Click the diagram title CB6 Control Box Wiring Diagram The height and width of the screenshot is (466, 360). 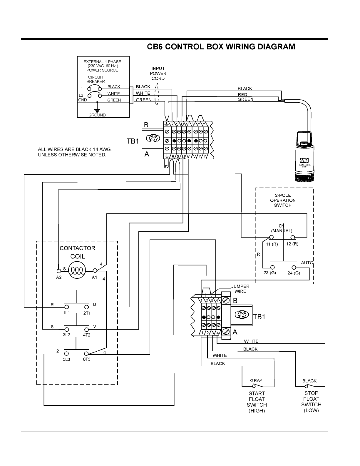221,47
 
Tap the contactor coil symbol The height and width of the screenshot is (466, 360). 77,270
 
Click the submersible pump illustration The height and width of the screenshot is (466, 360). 304,157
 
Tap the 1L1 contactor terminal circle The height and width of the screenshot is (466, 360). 67,307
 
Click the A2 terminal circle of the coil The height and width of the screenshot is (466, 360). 59,271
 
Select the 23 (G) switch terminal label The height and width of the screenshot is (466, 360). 269,273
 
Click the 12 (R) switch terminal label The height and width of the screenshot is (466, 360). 292,244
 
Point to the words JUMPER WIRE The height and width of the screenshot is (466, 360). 240,289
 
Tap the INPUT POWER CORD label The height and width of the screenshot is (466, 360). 158,73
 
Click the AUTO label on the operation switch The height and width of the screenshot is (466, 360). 307,263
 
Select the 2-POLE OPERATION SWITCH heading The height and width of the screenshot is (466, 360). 283,200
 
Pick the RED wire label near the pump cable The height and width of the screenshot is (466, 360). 242,95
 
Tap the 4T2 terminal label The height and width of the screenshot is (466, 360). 87,335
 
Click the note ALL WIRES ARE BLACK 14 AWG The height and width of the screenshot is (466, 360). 75,149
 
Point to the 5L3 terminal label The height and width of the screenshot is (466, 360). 66,359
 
